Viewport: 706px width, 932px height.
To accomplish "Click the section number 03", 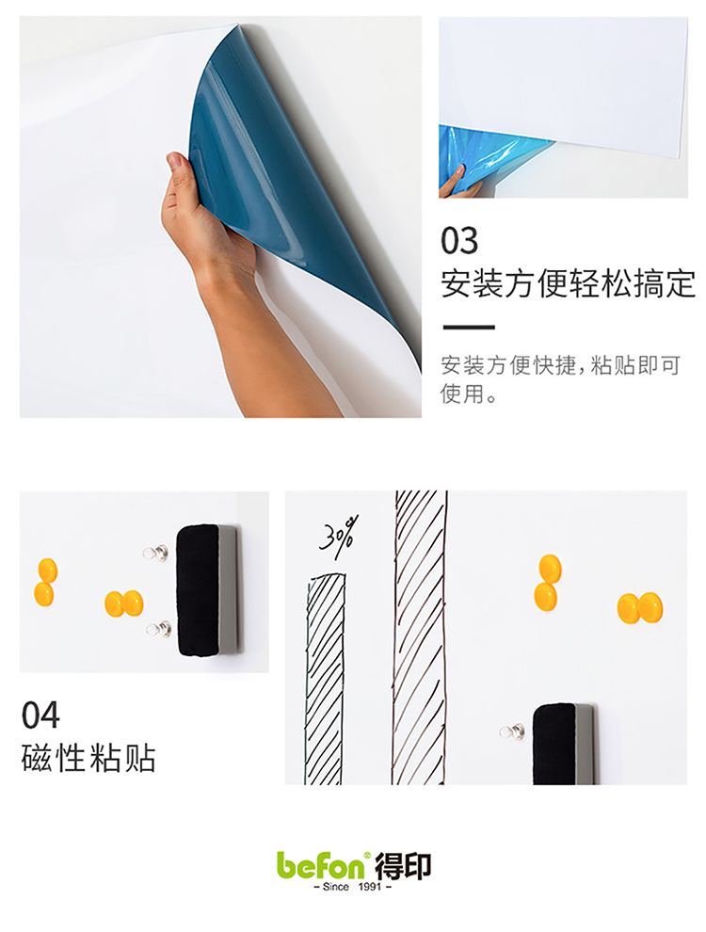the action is coord(459,240).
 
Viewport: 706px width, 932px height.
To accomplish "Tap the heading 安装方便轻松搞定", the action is coord(569,283).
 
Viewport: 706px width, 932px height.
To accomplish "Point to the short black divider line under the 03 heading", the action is coord(469,327).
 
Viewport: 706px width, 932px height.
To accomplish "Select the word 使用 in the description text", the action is coord(462,394).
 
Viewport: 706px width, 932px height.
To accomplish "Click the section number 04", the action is coord(40,715).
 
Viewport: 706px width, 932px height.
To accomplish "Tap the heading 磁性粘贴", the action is coord(88,758).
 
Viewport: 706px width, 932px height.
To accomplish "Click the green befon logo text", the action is coord(321,865).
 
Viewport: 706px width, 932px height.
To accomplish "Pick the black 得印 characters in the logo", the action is coord(402,866).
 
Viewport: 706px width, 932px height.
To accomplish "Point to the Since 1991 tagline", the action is coord(352,886).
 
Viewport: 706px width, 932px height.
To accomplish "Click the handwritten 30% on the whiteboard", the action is coord(340,535).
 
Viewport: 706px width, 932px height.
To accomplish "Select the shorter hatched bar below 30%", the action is coord(325,678).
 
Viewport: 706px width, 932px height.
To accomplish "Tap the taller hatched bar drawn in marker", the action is coord(420,637).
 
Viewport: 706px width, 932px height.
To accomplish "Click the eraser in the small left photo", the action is coord(207,590).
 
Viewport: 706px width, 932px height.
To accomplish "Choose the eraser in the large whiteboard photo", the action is coord(563,744).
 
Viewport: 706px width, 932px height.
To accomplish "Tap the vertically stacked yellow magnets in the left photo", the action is coord(46,582).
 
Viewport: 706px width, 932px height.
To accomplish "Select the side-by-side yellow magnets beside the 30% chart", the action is coord(639,607).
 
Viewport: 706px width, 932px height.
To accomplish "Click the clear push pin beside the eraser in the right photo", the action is coord(513,731).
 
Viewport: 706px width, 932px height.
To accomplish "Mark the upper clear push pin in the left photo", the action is coord(155,554).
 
